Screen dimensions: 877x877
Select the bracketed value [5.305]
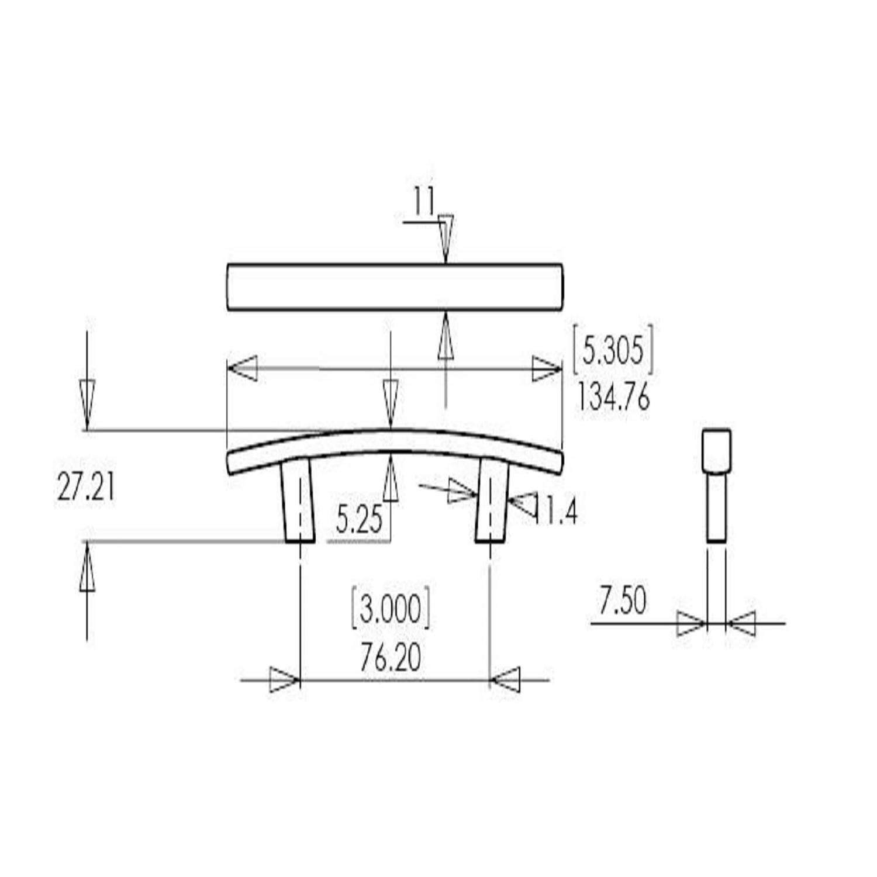(613, 350)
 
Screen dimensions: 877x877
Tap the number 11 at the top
(425, 201)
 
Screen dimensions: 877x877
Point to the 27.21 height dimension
(85, 488)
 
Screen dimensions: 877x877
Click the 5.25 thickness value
(359, 519)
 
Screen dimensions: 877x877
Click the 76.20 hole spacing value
(391, 658)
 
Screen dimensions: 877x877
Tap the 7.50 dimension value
(622, 602)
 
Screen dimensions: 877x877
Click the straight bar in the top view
(395, 287)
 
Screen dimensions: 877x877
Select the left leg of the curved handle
(298, 500)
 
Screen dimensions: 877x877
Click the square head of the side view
(716, 450)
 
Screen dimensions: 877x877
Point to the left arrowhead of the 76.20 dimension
(284, 681)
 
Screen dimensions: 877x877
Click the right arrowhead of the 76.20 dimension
(505, 681)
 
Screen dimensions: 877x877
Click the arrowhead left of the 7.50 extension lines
(690, 624)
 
